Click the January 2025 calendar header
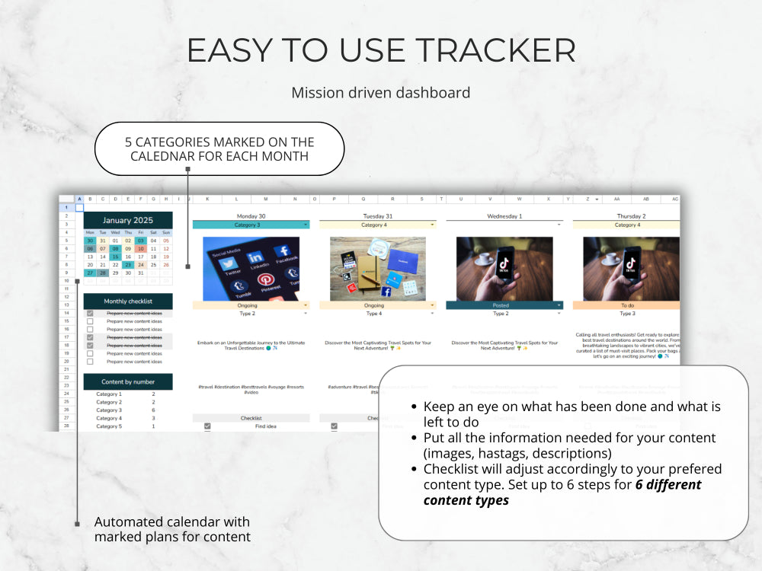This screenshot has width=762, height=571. (x=128, y=221)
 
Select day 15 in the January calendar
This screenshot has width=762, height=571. (x=116, y=257)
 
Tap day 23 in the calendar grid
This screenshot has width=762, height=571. (x=128, y=265)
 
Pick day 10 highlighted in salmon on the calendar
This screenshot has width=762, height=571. (x=141, y=248)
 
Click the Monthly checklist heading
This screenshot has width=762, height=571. (x=128, y=301)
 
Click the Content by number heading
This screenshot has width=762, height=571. (x=128, y=382)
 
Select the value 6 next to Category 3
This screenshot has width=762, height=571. (x=153, y=410)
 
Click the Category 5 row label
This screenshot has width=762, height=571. (x=108, y=426)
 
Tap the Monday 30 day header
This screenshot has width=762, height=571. (x=251, y=216)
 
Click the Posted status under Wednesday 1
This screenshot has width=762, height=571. (x=501, y=305)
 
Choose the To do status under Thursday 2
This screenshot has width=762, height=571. (x=626, y=305)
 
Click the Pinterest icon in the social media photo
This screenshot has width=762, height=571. (x=267, y=279)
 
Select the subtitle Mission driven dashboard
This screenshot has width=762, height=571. (x=380, y=93)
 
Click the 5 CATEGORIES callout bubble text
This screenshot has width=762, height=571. (x=219, y=149)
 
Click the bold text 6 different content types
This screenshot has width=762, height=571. (x=562, y=492)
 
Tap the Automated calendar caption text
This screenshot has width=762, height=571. (x=171, y=529)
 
